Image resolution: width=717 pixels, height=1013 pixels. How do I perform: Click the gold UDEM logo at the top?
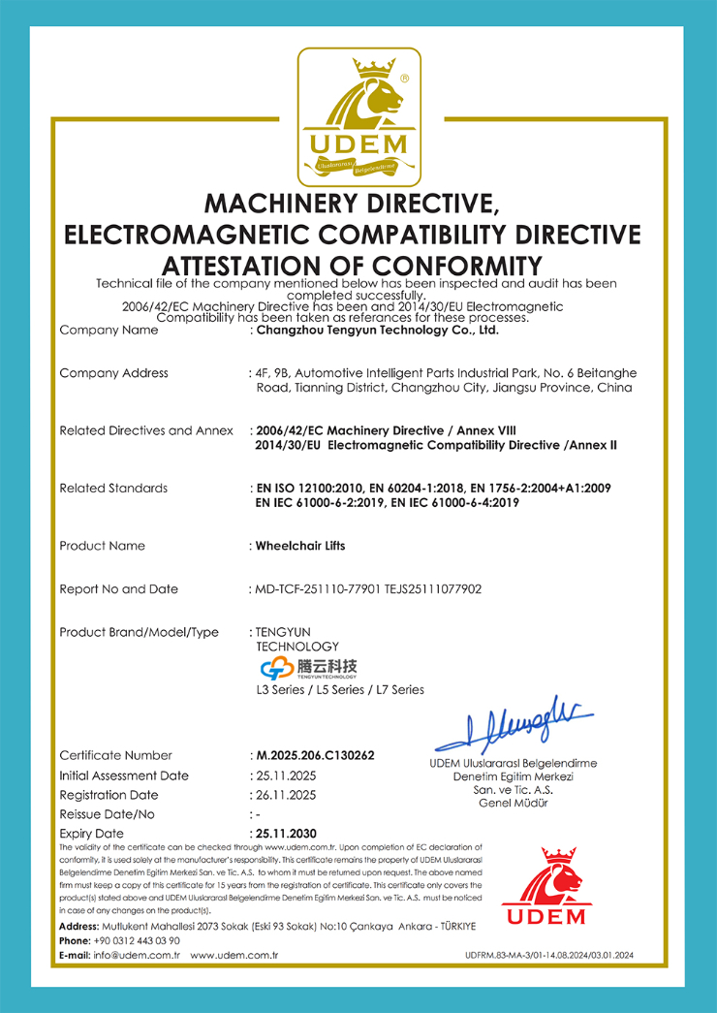pyautogui.click(x=358, y=116)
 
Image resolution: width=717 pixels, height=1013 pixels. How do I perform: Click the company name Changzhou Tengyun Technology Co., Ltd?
pyautogui.click(x=376, y=331)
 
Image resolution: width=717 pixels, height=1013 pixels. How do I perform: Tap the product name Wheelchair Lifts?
pyautogui.click(x=299, y=546)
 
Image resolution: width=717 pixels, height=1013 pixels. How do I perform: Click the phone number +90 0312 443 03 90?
pyautogui.click(x=136, y=940)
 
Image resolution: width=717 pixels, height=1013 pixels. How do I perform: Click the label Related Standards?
pyautogui.click(x=113, y=488)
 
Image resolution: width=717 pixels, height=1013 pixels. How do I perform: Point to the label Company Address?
pyautogui.click(x=113, y=373)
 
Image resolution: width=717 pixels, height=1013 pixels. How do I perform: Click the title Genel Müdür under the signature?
pyautogui.click(x=513, y=803)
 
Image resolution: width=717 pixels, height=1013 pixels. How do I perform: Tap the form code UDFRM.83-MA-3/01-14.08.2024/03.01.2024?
pyautogui.click(x=548, y=956)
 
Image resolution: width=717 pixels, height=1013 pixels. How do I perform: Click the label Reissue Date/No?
pyautogui.click(x=107, y=814)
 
